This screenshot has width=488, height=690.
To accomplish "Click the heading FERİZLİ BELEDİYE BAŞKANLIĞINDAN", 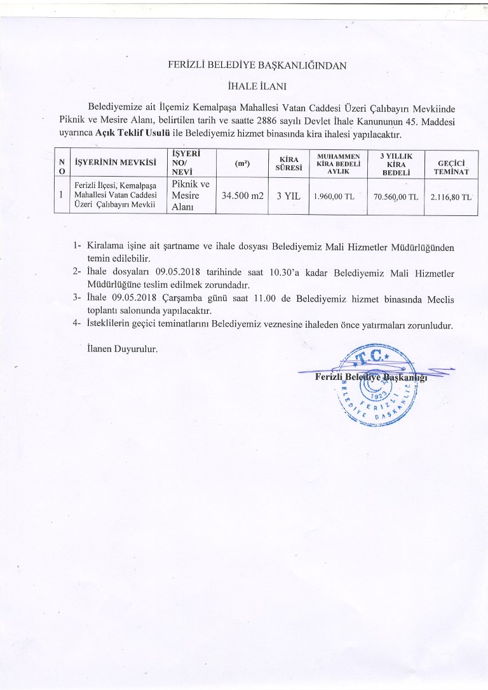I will (x=257, y=64).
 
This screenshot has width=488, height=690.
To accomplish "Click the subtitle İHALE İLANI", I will (x=257, y=85).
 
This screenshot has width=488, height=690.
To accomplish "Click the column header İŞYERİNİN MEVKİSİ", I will (x=116, y=163).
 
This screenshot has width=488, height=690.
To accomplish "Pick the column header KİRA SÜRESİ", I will (x=285, y=163).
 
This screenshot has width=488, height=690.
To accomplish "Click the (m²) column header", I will (x=241, y=163).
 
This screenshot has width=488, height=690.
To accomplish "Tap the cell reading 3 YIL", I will (x=284, y=196).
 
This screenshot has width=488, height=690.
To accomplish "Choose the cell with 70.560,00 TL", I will (x=395, y=197).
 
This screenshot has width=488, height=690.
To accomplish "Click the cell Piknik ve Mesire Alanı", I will (x=191, y=196).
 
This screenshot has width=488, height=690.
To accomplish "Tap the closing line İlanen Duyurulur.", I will (x=121, y=349).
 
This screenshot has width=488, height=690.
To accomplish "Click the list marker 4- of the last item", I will (x=78, y=325).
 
